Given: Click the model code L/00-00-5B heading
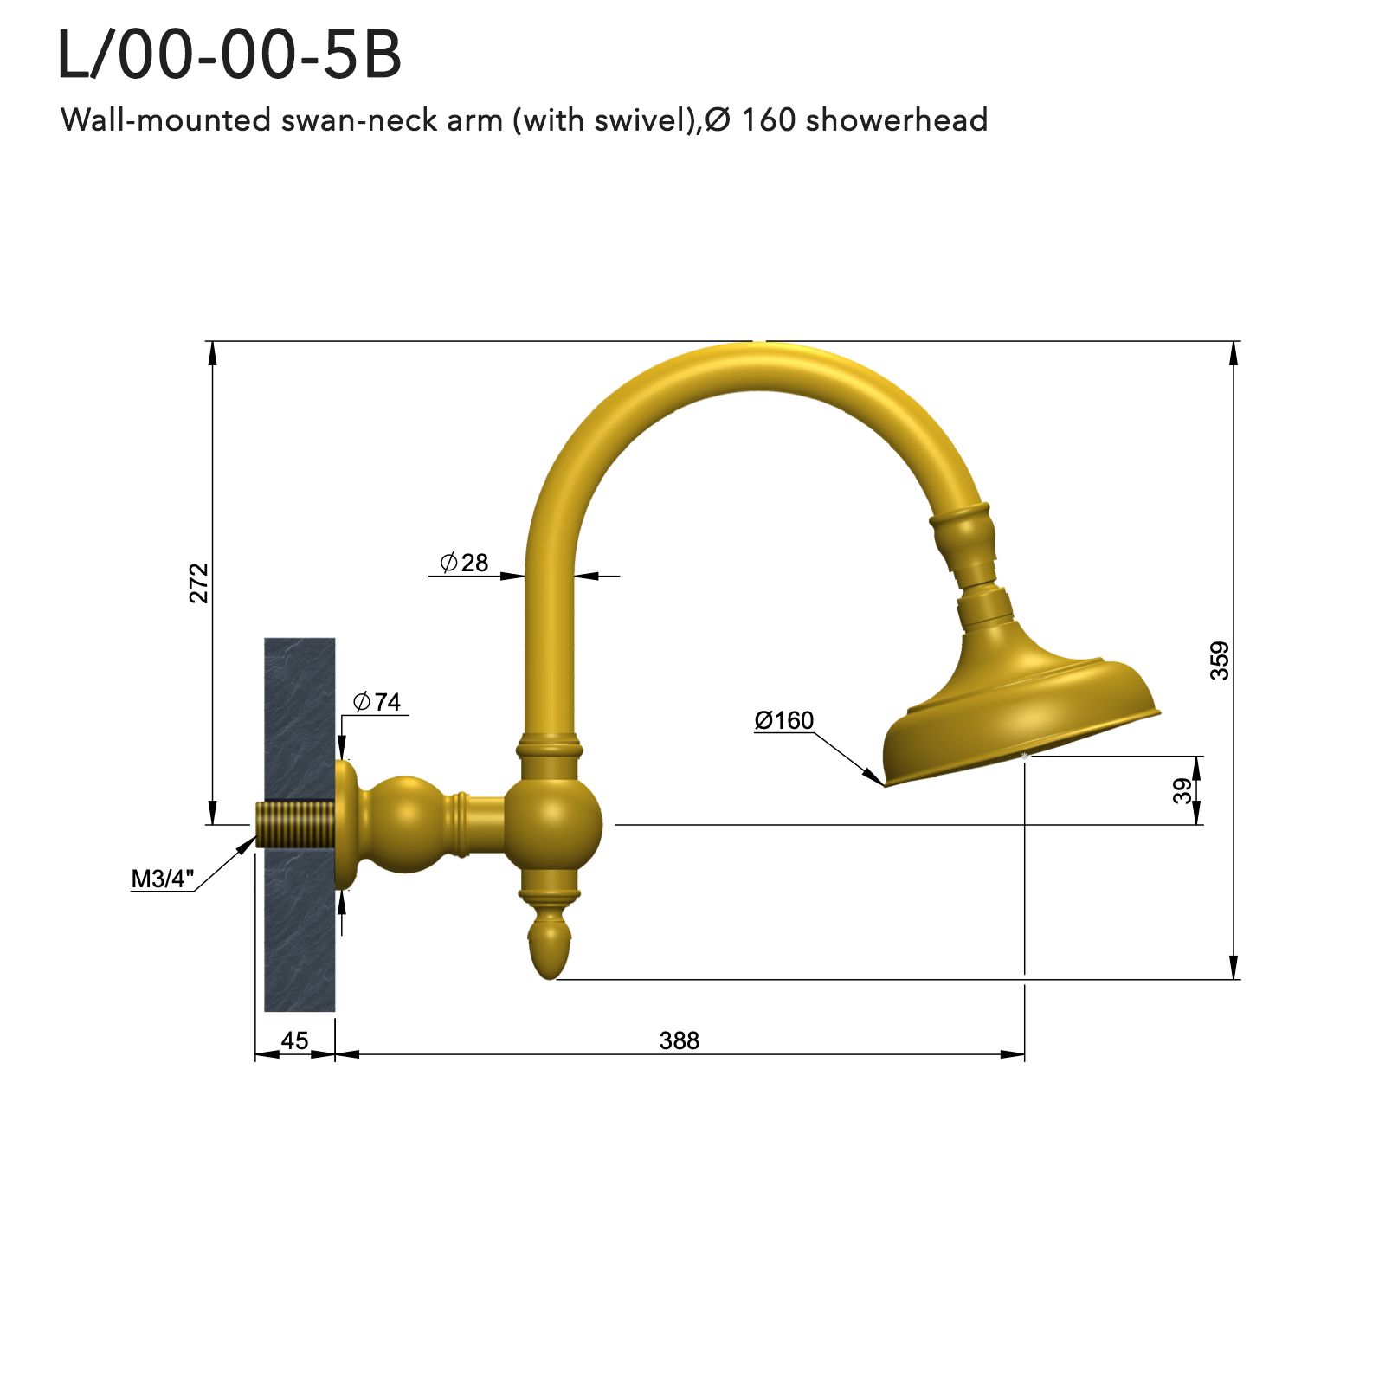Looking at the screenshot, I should coord(229,55).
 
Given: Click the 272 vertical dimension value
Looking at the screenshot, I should coord(200,583).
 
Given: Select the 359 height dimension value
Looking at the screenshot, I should coord(1219,660).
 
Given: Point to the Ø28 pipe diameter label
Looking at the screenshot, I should coord(464,564).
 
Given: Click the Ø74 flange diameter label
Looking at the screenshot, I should coord(377,702).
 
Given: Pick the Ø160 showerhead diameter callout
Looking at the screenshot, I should coord(783,720).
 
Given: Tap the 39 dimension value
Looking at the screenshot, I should coord(1182,790).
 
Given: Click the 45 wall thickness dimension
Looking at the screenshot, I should coord(294,1040).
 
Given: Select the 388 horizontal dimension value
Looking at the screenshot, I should coord(679,1040).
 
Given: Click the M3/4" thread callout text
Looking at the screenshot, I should coord(162,879).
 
